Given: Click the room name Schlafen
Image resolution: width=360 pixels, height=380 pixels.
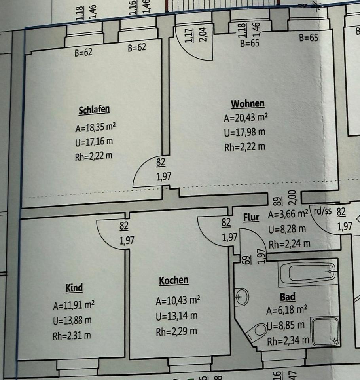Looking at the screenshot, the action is pyautogui.click(x=94, y=110).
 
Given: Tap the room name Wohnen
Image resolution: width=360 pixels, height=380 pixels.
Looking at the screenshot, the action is pyautogui.click(x=248, y=104).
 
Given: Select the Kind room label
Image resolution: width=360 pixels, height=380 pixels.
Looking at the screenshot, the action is pyautogui.click(x=74, y=288).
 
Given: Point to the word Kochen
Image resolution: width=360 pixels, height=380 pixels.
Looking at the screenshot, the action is pyautogui.click(x=173, y=281).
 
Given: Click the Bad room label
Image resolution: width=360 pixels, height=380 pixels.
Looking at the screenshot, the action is pyautogui.click(x=288, y=297).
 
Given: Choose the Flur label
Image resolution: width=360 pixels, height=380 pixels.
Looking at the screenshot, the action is pyautogui.click(x=251, y=217).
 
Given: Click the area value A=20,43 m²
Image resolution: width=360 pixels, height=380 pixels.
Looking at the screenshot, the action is pyautogui.click(x=246, y=118).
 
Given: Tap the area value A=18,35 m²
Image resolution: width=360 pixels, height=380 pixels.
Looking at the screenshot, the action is pyautogui.click(x=95, y=127).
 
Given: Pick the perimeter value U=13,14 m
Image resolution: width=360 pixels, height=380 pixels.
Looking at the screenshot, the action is pyautogui.click(x=176, y=316).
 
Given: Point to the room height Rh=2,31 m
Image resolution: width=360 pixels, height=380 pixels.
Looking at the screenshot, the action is pyautogui.click(x=72, y=336).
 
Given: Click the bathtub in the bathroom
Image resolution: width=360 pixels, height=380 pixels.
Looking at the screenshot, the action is pyautogui.click(x=308, y=273).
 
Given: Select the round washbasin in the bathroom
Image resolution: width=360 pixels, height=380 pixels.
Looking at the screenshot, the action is pyautogui.click(x=241, y=296).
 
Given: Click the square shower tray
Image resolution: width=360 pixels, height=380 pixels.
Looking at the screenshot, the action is pyautogui.click(x=324, y=331).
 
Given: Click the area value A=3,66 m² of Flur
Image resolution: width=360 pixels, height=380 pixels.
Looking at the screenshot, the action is pyautogui.click(x=288, y=215).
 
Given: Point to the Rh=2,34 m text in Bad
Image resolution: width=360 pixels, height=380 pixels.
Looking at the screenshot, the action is pyautogui.click(x=288, y=340).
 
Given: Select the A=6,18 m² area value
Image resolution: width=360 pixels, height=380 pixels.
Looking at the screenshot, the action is pyautogui.click(x=287, y=311).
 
